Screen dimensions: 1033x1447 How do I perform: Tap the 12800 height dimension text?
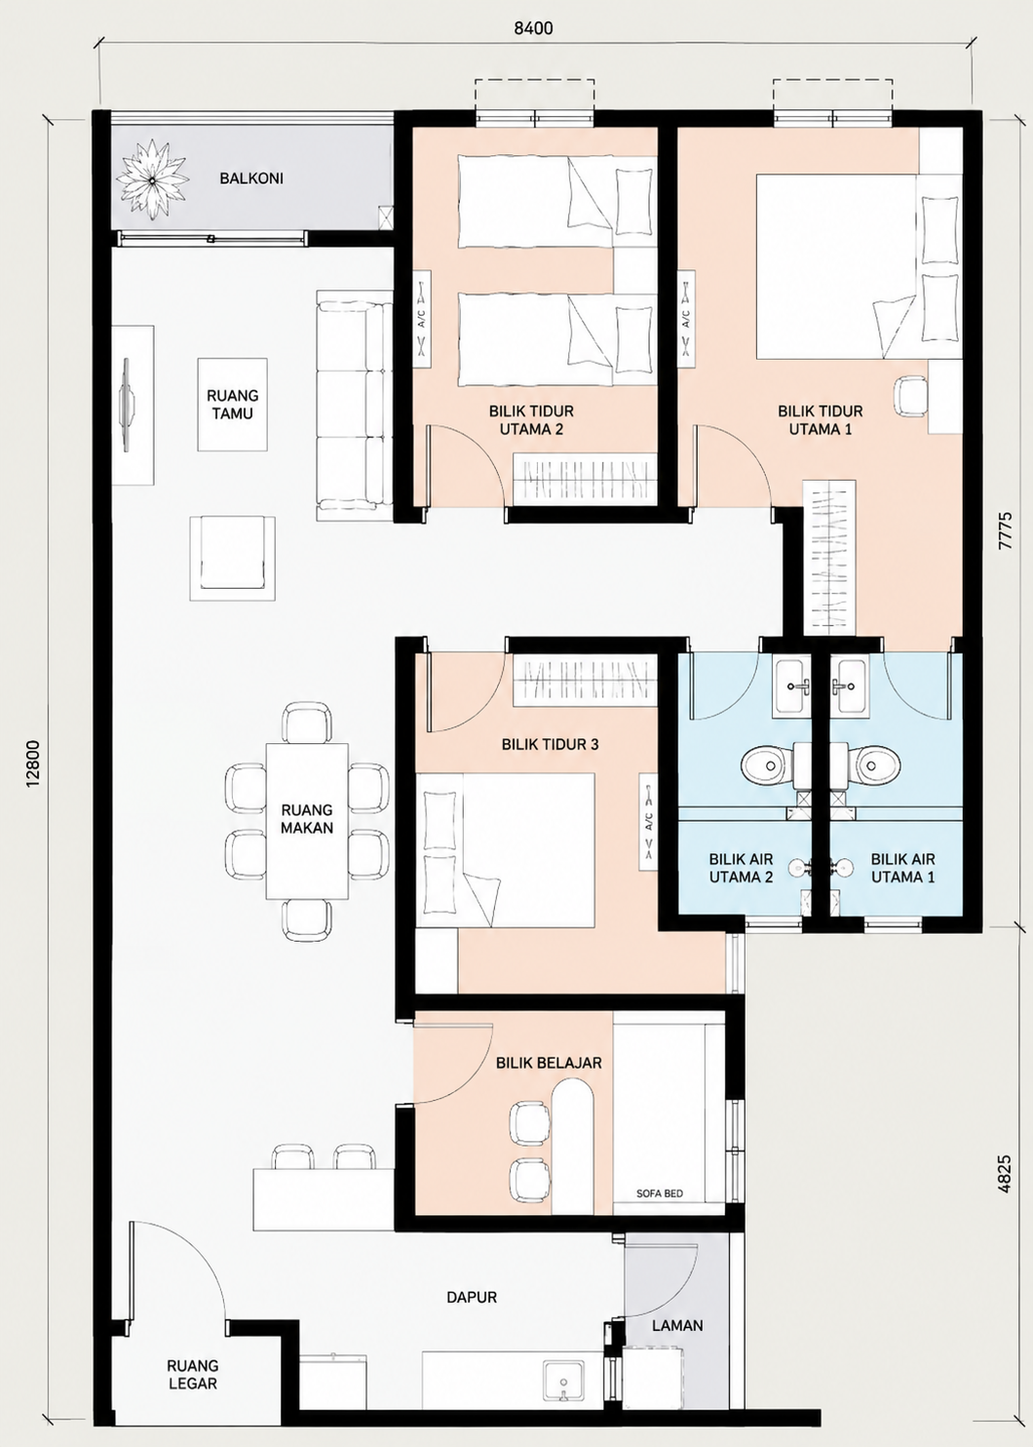click(33, 763)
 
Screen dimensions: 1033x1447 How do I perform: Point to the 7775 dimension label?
click(1006, 530)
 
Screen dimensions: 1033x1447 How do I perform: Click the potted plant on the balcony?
click(152, 180)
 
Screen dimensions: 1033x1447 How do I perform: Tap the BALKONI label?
click(251, 178)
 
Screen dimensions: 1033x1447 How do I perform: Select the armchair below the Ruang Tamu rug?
click(232, 558)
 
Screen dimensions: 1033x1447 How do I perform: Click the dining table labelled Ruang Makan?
click(307, 820)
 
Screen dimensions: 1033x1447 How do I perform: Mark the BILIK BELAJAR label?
click(549, 1063)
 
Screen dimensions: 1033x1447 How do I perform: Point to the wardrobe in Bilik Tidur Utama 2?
click(585, 480)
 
